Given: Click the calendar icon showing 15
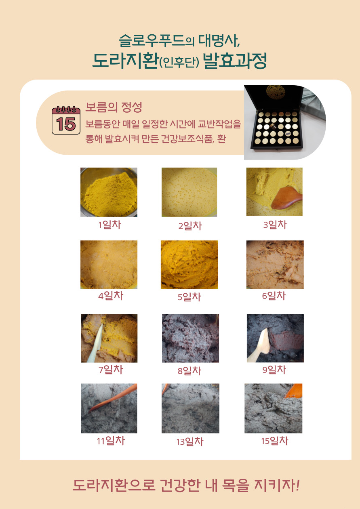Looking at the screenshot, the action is click(x=66, y=120).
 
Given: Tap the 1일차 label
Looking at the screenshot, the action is click(x=109, y=225).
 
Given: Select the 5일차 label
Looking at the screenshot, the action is click(x=189, y=297).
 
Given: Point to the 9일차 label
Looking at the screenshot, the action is click(x=274, y=370).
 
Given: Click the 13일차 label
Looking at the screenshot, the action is click(x=189, y=442).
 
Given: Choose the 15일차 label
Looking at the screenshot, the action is click(x=275, y=441).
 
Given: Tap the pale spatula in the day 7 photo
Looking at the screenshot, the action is click(x=95, y=343).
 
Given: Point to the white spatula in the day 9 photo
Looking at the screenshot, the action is click(x=259, y=345).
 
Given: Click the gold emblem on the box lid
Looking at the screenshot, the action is click(x=276, y=92).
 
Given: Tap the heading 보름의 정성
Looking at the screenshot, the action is click(x=114, y=107).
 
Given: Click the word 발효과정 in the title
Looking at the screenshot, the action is click(x=234, y=61).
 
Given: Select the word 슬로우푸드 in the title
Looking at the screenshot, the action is click(x=152, y=41).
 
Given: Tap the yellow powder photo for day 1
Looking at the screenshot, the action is click(x=109, y=192).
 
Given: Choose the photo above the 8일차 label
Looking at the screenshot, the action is click(x=190, y=339).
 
